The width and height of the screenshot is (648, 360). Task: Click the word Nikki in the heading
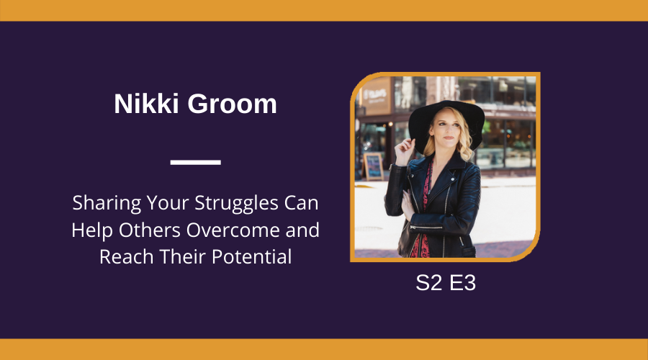(147, 104)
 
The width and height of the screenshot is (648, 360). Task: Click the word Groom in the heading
(233, 104)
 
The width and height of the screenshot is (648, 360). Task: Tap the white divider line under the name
(195, 163)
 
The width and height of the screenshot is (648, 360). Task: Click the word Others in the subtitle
(150, 230)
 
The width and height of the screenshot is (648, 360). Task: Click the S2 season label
(429, 283)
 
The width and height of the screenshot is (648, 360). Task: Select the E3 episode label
(462, 283)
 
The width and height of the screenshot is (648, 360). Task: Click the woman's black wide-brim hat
(446, 122)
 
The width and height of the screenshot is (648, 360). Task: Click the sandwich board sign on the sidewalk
(373, 166)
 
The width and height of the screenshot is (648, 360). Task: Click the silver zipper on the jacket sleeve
(426, 228)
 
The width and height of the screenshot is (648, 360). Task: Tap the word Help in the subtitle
(92, 230)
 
